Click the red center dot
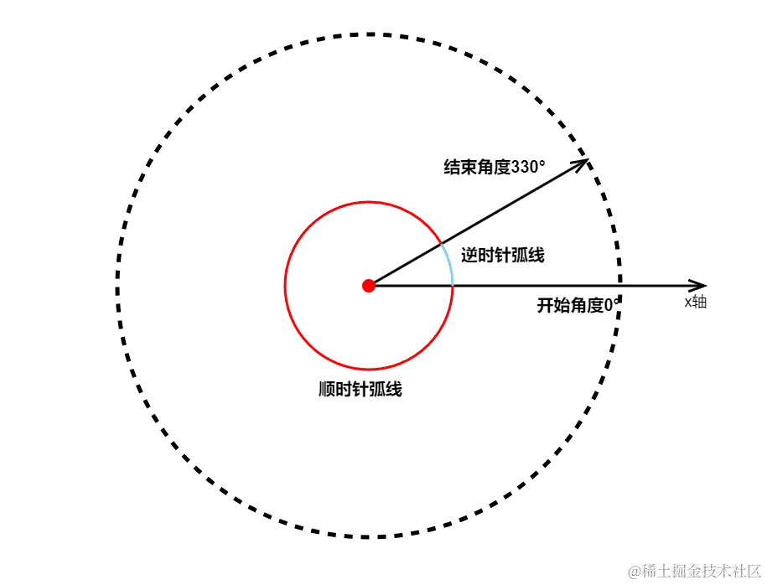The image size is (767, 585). (x=368, y=286)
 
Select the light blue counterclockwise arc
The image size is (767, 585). (x=450, y=264)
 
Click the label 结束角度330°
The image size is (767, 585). (x=495, y=167)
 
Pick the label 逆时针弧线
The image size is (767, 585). (x=503, y=255)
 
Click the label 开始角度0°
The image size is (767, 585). (x=579, y=305)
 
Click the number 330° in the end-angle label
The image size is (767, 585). (x=528, y=167)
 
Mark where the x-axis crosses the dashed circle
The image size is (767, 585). (x=619, y=286)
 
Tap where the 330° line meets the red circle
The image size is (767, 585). (x=441, y=244)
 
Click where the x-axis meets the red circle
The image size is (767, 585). (x=453, y=286)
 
